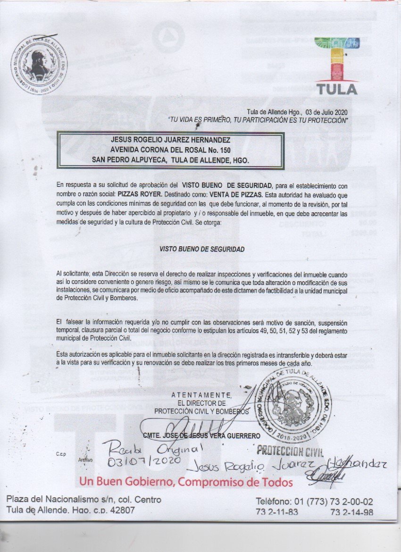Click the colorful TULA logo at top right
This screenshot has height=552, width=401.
(x=336, y=66)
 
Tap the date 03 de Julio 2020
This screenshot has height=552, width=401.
(x=326, y=112)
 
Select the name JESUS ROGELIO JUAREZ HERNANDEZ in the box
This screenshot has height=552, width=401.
(x=170, y=140)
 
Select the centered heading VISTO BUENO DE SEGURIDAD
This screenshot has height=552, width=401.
(x=202, y=250)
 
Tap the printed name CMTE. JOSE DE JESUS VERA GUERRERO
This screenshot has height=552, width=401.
(x=202, y=435)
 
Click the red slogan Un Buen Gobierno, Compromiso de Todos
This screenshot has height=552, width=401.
(x=186, y=482)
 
